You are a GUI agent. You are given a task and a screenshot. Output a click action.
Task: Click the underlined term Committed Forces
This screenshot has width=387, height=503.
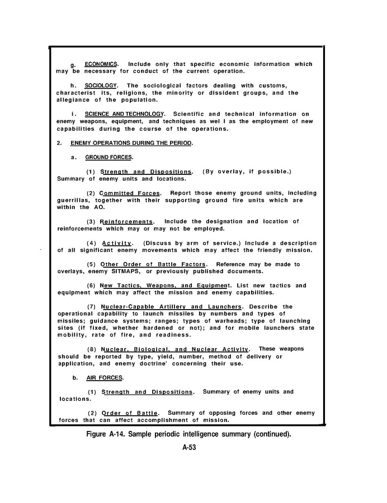130,193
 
